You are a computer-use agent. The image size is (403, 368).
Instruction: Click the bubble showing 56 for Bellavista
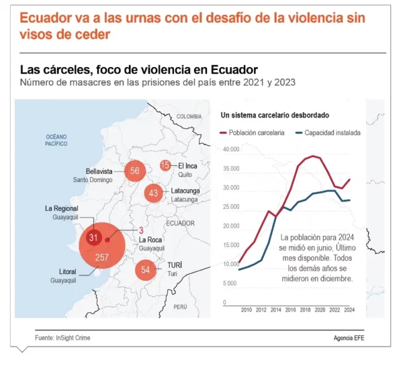(135, 171)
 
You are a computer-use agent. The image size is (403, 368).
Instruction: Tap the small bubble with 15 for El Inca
(166, 165)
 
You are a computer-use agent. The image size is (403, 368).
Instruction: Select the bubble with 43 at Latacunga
(154, 193)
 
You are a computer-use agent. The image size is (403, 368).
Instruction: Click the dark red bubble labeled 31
(94, 238)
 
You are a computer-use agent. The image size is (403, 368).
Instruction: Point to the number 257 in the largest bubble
(102, 257)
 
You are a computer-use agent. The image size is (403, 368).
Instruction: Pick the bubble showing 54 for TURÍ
(146, 270)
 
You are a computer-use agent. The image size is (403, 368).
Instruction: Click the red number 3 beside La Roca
(141, 230)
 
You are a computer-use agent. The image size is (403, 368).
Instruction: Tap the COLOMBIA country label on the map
(189, 116)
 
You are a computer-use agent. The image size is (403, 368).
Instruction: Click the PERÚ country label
(180, 306)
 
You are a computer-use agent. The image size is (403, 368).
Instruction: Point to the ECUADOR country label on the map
(180, 223)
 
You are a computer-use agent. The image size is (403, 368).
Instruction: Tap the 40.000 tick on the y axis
(230, 149)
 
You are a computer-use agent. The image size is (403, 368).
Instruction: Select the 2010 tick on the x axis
(246, 310)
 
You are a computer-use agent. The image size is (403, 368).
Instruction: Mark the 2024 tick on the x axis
(349, 310)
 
